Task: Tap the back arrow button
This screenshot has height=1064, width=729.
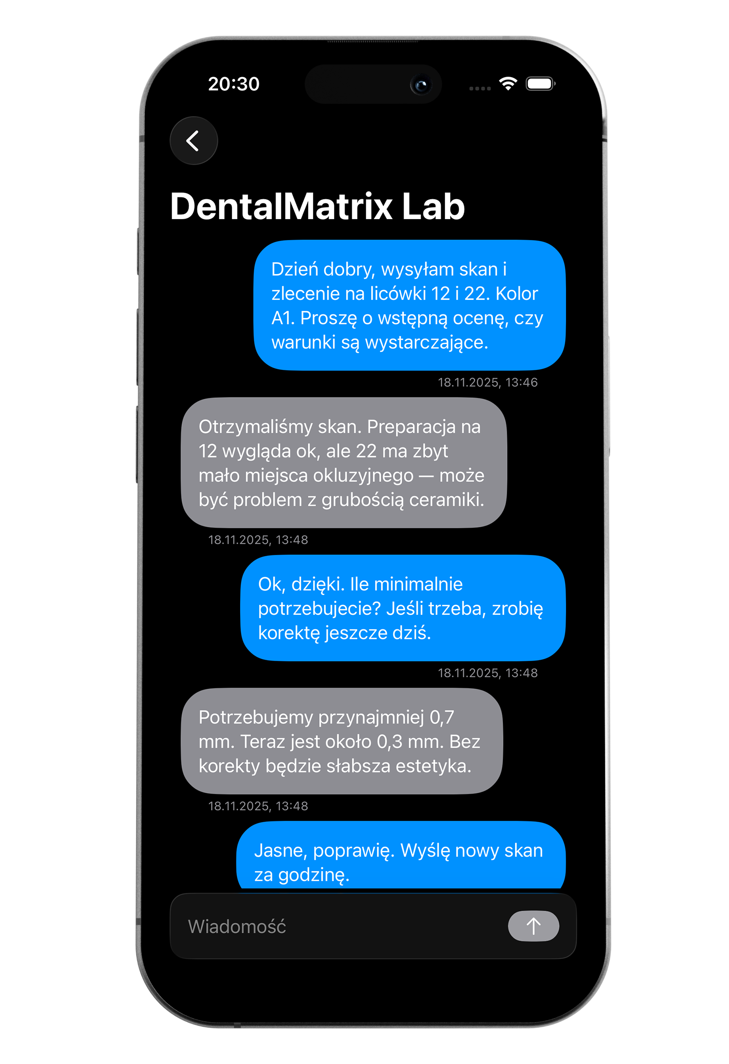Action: [x=194, y=141]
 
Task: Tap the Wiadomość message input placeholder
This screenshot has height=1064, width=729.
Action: [x=237, y=927]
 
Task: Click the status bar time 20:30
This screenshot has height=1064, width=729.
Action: [x=233, y=84]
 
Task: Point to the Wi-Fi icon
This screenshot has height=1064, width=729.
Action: [x=508, y=83]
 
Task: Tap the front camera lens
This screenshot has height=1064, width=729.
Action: [x=421, y=85]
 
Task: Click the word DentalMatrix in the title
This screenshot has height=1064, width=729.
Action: [x=281, y=206]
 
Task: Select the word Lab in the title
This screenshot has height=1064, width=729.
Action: [x=433, y=206]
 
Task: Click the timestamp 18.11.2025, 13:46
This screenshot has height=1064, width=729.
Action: [x=487, y=382]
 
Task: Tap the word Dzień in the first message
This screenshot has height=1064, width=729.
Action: [x=295, y=269]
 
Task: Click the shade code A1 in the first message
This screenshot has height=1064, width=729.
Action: [x=282, y=318]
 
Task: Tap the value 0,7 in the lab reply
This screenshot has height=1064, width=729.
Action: [x=441, y=717]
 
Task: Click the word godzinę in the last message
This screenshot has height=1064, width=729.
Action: [x=313, y=875]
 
